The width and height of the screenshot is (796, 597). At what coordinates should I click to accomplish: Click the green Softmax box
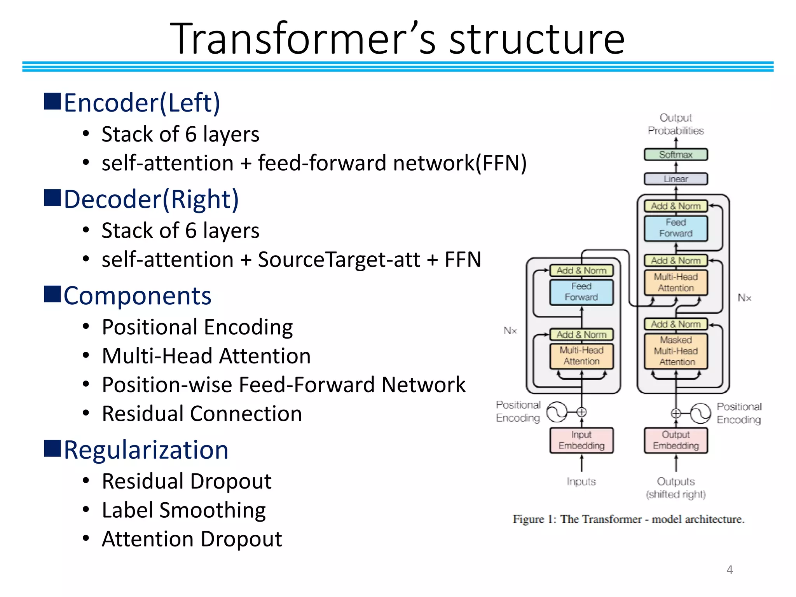click(x=676, y=154)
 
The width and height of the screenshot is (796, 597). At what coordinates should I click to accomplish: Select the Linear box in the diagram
click(x=676, y=179)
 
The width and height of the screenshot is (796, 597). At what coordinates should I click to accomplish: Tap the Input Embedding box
click(x=581, y=440)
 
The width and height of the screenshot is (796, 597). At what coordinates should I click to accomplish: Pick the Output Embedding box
click(x=676, y=440)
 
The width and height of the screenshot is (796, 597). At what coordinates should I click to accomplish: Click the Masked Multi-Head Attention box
click(x=676, y=351)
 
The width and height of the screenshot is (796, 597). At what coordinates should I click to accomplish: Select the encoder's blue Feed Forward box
click(x=581, y=292)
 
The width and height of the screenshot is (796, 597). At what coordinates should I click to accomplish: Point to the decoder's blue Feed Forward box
click(x=676, y=228)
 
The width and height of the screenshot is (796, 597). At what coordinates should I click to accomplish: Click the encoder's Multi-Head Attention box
click(x=581, y=356)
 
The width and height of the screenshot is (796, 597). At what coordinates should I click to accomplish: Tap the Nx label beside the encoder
click(x=510, y=331)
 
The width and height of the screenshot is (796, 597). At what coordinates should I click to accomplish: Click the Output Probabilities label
click(x=676, y=124)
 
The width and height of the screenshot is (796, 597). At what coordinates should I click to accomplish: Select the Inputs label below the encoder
click(x=581, y=482)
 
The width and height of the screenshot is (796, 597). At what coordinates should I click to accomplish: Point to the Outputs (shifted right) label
click(x=676, y=488)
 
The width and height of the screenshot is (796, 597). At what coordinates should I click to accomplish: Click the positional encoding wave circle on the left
click(x=557, y=412)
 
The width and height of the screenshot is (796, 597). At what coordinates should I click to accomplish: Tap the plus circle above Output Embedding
click(x=676, y=413)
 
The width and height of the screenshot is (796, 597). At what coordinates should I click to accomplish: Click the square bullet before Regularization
click(x=52, y=449)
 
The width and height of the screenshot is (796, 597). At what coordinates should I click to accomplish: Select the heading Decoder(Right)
click(x=151, y=199)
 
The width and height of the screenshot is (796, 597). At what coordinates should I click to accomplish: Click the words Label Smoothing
click(x=184, y=510)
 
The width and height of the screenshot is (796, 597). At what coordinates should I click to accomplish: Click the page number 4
click(x=730, y=570)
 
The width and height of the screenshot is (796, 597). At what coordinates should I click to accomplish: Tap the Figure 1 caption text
click(x=628, y=519)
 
